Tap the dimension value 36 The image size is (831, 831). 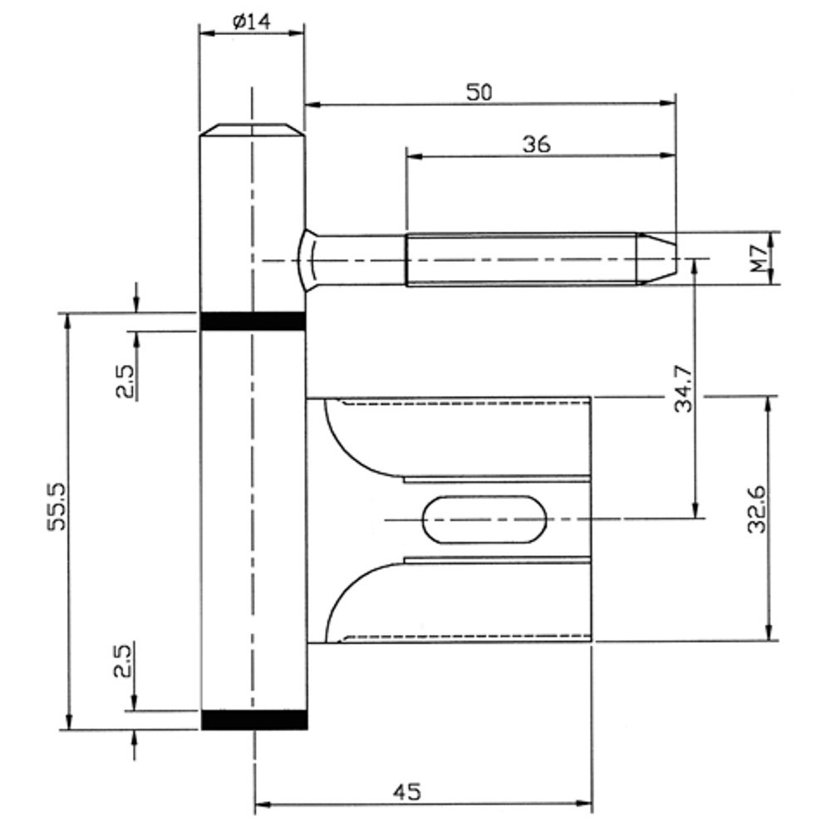pos(536,144)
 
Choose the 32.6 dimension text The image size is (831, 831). pos(757,507)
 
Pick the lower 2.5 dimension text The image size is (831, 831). pos(124,660)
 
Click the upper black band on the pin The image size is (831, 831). pos(253,321)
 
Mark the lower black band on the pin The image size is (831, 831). pos(253,720)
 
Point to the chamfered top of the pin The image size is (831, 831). pos(251,130)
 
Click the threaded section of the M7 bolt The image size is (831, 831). pos(519,258)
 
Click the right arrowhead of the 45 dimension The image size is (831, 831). pos(587,804)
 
